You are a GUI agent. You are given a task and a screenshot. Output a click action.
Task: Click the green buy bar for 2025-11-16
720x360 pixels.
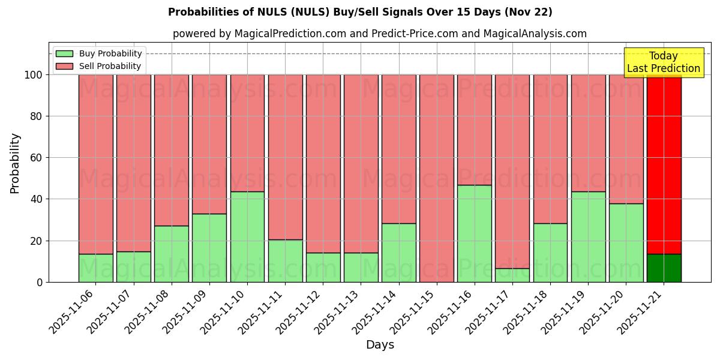pyautogui.click(x=474, y=233)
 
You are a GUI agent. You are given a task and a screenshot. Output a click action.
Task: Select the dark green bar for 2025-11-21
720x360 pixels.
pyautogui.click(x=664, y=268)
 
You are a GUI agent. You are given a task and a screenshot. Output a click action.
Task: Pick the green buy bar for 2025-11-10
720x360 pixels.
pyautogui.click(x=247, y=237)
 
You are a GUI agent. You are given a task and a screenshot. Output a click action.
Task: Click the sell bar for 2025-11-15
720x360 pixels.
pyautogui.click(x=436, y=178)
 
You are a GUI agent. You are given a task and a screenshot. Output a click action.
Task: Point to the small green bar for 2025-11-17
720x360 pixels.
pyautogui.click(x=512, y=275)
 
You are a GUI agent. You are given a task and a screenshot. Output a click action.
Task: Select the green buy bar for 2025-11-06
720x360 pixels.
pyautogui.click(x=95, y=268)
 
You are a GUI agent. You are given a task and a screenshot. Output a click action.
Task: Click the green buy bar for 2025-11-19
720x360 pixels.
pyautogui.click(x=588, y=237)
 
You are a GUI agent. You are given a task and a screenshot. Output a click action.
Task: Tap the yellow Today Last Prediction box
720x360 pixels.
pyautogui.click(x=663, y=62)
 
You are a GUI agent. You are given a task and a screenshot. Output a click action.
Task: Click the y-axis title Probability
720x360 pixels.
pyautogui.click(x=15, y=163)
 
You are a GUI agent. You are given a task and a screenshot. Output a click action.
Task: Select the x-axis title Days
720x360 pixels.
pyautogui.click(x=380, y=345)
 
